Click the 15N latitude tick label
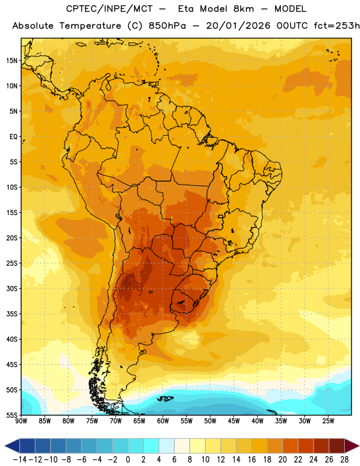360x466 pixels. (12, 61)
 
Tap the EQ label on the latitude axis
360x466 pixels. (13, 137)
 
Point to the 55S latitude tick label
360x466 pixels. (12, 415)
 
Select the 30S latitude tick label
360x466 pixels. (12, 288)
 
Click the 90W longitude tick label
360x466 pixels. (21, 421)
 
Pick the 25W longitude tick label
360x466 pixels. (328, 421)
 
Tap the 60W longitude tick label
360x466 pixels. (163, 421)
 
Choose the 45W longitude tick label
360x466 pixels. (234, 421)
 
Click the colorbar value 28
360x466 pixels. (344, 460)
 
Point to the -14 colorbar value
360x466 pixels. (20, 460)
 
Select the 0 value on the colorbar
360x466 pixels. (128, 460)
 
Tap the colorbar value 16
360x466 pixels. (252, 460)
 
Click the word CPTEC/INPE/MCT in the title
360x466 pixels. (110, 9)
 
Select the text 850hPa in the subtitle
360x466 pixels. (167, 26)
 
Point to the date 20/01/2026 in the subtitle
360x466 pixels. (238, 26)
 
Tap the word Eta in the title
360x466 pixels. (186, 9)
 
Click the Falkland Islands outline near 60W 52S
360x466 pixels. (165, 398)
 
